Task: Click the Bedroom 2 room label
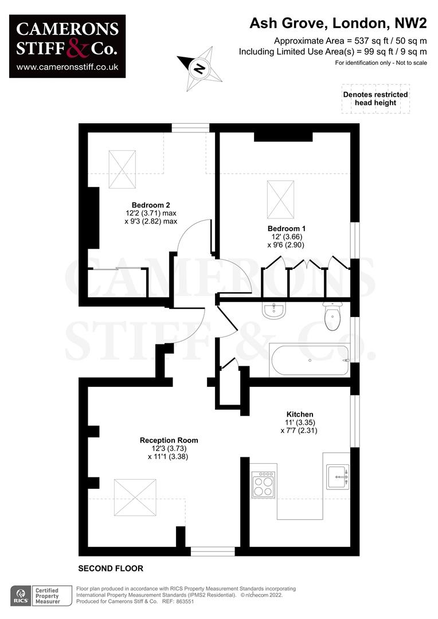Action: tap(151, 205)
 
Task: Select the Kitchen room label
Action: tap(299, 414)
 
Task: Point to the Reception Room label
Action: tap(169, 440)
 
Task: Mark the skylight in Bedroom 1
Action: tap(280, 199)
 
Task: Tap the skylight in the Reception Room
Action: tap(135, 492)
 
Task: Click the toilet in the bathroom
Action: tap(332, 317)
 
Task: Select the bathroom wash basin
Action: tap(274, 310)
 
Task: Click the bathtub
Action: tap(310, 360)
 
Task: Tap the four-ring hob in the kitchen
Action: tap(263, 484)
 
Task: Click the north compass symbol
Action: tap(199, 70)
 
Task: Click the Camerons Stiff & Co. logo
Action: tap(68, 46)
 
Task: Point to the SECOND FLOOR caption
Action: tap(111, 569)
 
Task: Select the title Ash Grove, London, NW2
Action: tap(338, 23)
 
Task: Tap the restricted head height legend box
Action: tap(375, 99)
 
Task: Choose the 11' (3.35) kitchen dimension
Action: tap(300, 422)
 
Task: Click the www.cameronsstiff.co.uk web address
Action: tap(68, 67)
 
